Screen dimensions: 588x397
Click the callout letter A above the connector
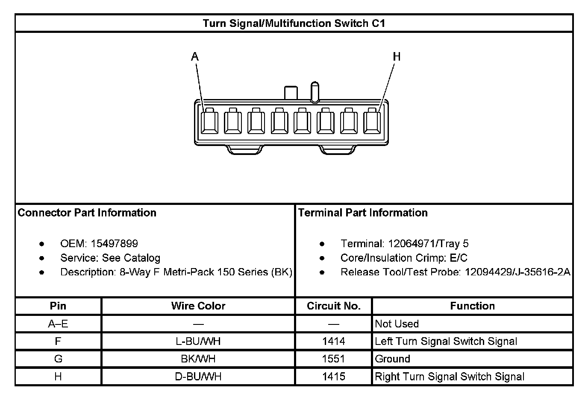point(195,56)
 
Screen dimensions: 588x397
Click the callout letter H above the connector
point(397,56)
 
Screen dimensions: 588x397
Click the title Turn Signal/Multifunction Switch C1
point(294,23)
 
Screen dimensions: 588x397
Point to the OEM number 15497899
point(114,244)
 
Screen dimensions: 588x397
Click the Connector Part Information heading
point(87,213)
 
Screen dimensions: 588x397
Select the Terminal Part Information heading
point(363,213)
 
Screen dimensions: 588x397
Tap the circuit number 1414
point(333,341)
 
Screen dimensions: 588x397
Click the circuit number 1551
point(333,359)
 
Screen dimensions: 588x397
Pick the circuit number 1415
point(333,377)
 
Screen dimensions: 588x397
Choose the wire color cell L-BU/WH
point(198,341)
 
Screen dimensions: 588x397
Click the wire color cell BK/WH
point(198,359)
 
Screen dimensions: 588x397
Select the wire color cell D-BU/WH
point(198,377)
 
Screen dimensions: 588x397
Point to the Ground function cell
point(392,359)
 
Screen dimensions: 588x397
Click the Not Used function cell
point(397,324)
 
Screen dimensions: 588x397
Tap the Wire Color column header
point(198,306)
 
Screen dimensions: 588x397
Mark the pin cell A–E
point(58,324)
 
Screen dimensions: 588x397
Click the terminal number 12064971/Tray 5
point(428,244)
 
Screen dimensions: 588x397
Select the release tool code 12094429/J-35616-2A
point(517,272)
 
